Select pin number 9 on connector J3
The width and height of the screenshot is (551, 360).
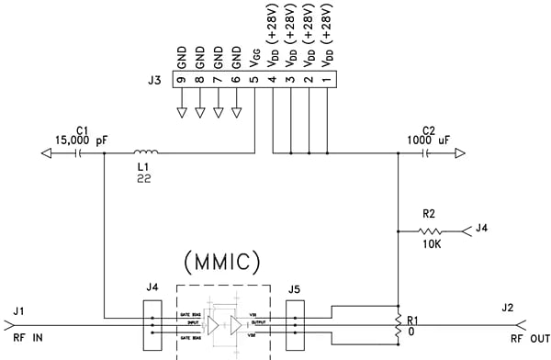click(x=182, y=81)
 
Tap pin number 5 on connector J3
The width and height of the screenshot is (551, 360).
click(x=254, y=81)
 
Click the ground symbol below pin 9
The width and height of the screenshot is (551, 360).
click(x=182, y=114)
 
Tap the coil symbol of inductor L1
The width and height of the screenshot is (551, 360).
click(x=145, y=153)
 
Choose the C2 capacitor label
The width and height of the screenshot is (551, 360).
click(x=429, y=129)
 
